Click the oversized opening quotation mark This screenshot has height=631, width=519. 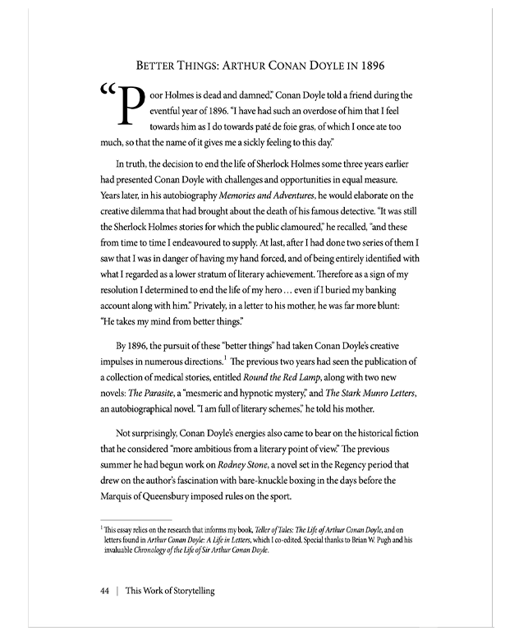pyautogui.click(x=107, y=93)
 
